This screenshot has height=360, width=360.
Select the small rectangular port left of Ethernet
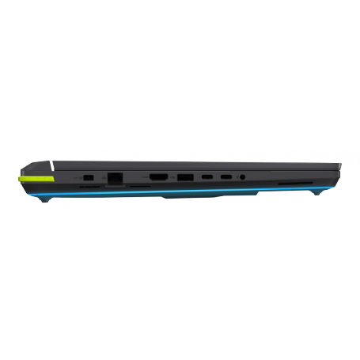(x=89, y=176)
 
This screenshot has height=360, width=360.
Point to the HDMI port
(x=158, y=176)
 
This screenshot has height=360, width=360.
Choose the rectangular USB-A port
(x=184, y=176)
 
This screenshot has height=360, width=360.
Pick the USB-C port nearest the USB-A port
(x=207, y=176)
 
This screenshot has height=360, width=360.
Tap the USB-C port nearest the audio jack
(x=225, y=176)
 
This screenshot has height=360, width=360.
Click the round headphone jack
(x=242, y=176)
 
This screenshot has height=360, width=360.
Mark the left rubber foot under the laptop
(x=48, y=198)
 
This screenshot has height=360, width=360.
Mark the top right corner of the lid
(x=340, y=165)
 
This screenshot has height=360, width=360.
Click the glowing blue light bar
(x=174, y=191)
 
